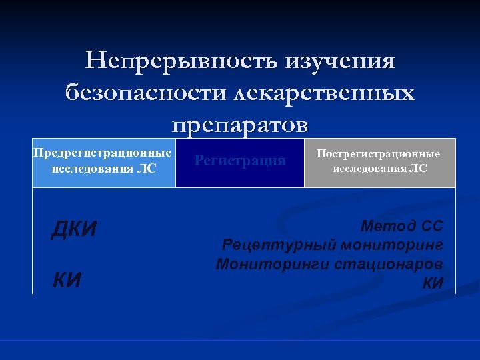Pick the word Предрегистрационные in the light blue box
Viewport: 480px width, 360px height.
[103, 153]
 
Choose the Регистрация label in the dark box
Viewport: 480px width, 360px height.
[240, 161]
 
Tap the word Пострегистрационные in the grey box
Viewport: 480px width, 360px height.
[378, 154]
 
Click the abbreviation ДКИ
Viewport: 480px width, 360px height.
[74, 229]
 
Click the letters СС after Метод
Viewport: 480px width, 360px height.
[430, 225]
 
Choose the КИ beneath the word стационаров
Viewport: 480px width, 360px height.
[433, 283]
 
